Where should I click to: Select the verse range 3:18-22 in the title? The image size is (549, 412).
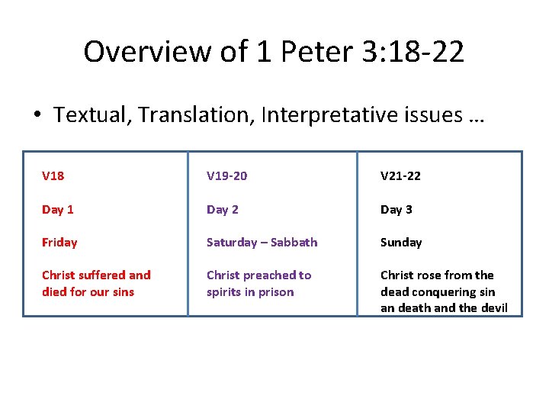click(x=409, y=52)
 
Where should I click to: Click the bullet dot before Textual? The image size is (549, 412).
click(x=37, y=116)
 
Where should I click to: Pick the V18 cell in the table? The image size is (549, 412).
click(x=53, y=176)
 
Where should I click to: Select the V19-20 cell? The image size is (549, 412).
click(x=226, y=176)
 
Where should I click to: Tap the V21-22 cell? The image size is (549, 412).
click(x=400, y=176)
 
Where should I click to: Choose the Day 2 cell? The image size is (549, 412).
click(x=222, y=209)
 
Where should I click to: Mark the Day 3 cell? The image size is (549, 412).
click(x=396, y=209)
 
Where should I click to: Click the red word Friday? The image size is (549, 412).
click(x=59, y=243)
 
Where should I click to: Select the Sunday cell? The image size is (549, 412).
click(x=401, y=242)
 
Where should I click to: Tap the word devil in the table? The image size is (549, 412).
click(x=493, y=308)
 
